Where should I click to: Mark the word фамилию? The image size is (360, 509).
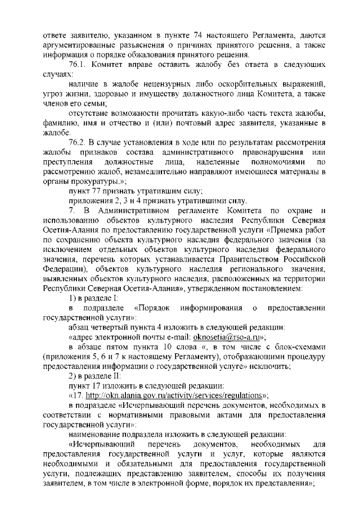click(x=61, y=123)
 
